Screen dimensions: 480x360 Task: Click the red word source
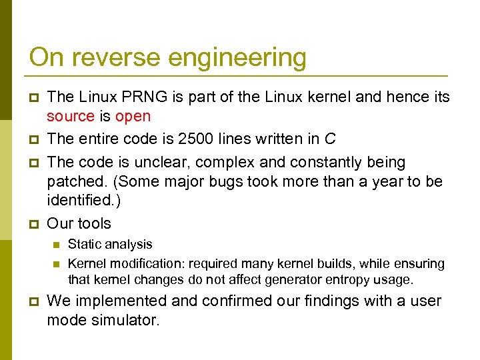click(70, 117)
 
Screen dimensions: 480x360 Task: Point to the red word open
click(133, 117)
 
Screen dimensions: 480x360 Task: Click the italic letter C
click(329, 139)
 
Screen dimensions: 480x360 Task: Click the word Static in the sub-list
click(84, 245)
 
